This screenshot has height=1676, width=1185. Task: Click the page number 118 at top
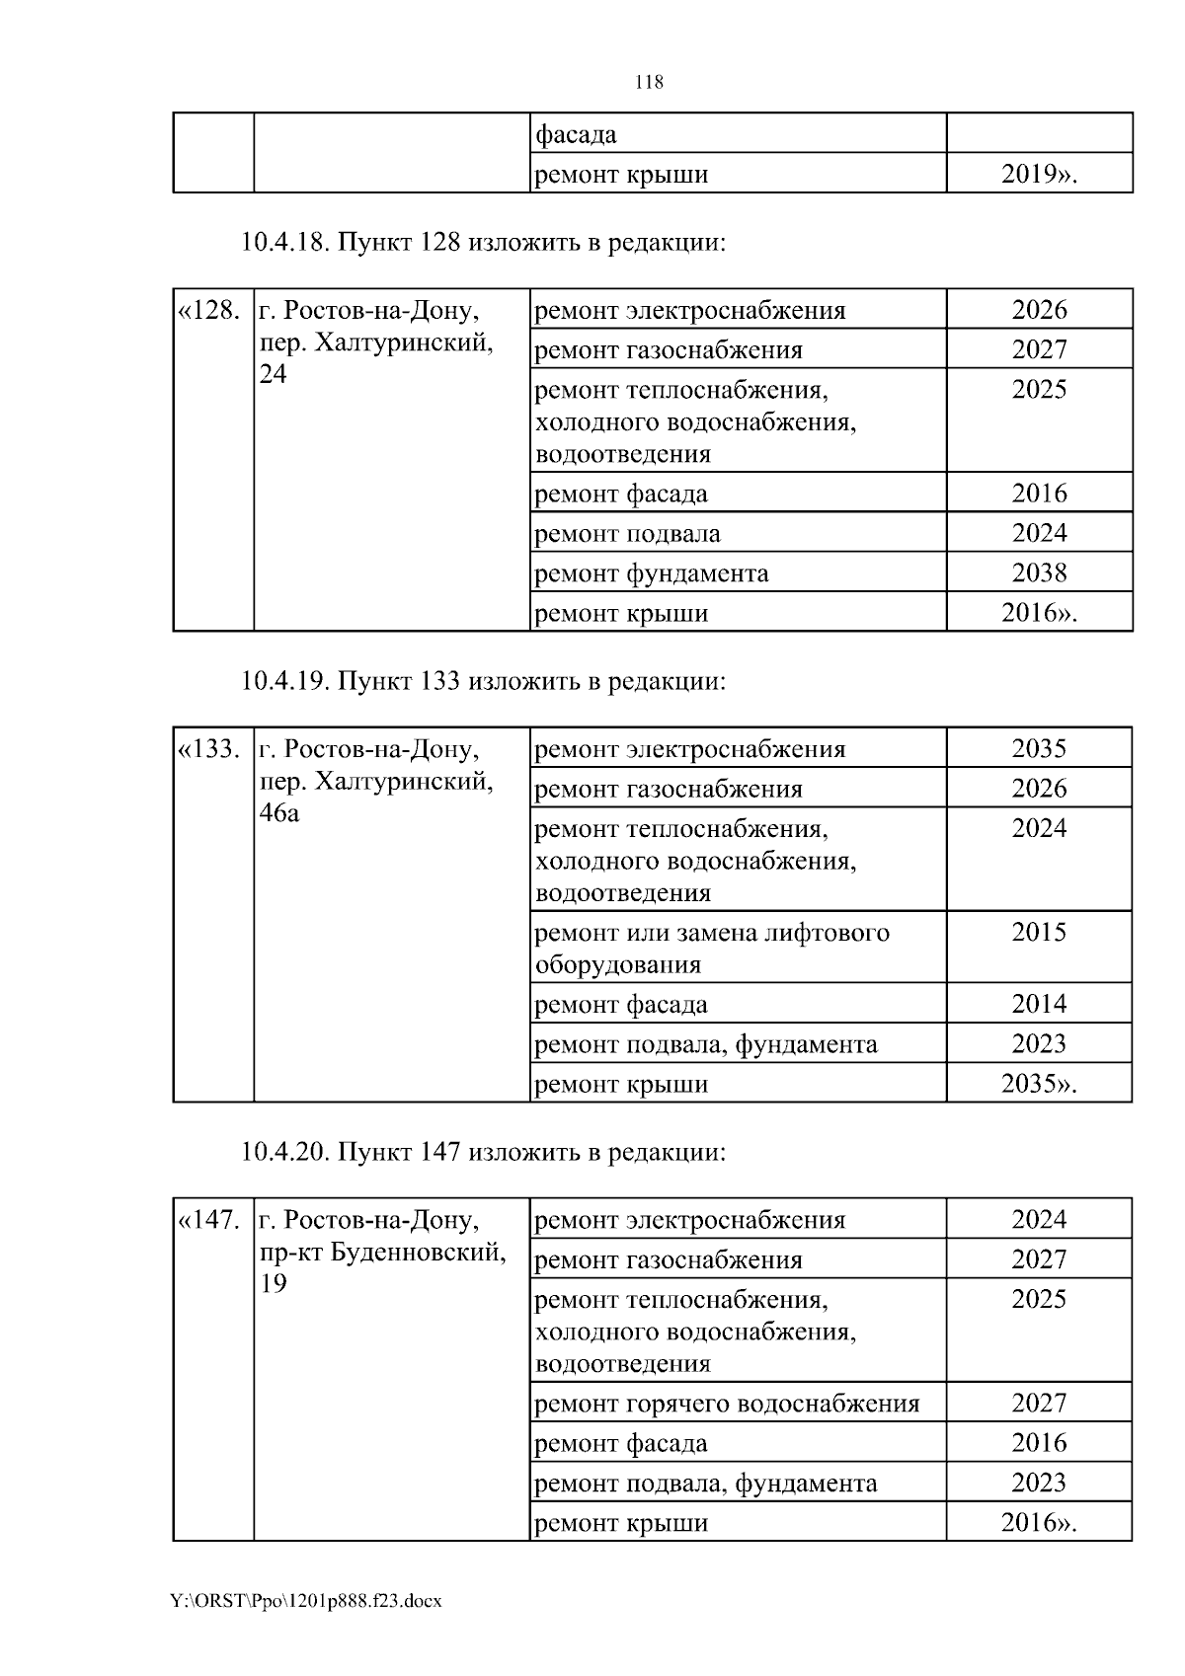pyautogui.click(x=649, y=83)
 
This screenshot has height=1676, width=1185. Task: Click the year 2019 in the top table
pyautogui.click(x=1038, y=175)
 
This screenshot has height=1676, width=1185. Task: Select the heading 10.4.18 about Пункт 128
pyautogui.click(x=483, y=242)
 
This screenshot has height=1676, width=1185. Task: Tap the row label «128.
pyautogui.click(x=208, y=311)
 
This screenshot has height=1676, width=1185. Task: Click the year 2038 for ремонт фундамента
pyautogui.click(x=1039, y=572)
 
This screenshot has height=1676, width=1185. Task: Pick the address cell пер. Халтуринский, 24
pyautogui.click(x=375, y=343)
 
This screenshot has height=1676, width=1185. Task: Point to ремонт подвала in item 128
pyautogui.click(x=627, y=534)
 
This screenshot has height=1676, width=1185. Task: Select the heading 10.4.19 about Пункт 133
pyautogui.click(x=483, y=681)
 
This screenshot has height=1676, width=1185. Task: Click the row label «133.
pyautogui.click(x=208, y=749)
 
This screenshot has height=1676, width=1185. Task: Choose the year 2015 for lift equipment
pyautogui.click(x=1039, y=933)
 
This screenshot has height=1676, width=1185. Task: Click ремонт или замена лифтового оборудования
pyautogui.click(x=711, y=948)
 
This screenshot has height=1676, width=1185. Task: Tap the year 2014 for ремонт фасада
pyautogui.click(x=1039, y=1004)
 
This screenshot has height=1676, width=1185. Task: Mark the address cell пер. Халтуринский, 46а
pyautogui.click(x=375, y=782)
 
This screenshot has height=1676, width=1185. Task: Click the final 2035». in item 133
pyautogui.click(x=1039, y=1084)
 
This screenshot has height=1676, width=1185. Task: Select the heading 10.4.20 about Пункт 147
pyautogui.click(x=483, y=1152)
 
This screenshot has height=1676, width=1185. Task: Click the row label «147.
pyautogui.click(x=208, y=1220)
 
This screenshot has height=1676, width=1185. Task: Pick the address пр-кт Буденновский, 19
pyautogui.click(x=382, y=1253)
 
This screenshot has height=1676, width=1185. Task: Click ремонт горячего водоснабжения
pyautogui.click(x=726, y=1404)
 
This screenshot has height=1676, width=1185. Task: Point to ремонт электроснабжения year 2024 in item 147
pyautogui.click(x=1039, y=1219)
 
